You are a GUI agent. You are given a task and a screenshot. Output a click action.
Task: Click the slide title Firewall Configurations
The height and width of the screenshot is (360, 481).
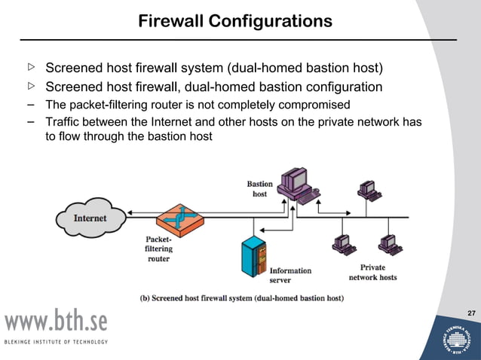(x=234, y=21)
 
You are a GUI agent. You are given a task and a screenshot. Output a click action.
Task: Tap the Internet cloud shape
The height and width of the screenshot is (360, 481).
(x=90, y=218)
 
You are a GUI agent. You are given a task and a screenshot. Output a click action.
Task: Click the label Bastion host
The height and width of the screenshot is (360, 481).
(x=259, y=189)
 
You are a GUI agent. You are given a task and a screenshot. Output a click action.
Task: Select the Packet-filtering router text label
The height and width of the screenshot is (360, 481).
(x=159, y=249)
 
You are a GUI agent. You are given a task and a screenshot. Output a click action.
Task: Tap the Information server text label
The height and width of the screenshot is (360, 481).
(x=290, y=275)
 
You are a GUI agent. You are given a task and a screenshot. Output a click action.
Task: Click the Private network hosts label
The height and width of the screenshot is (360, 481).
(x=372, y=272)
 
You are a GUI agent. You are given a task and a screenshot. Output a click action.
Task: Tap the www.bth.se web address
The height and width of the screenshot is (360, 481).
(x=57, y=322)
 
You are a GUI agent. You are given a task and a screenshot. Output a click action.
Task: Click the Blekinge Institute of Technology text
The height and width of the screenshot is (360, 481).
(x=56, y=342)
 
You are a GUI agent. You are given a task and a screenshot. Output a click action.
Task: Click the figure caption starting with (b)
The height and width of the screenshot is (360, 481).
(x=242, y=298)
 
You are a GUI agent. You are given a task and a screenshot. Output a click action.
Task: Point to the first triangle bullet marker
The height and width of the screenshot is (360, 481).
(x=32, y=68)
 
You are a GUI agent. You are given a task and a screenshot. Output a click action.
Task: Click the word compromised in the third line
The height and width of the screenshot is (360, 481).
(x=323, y=104)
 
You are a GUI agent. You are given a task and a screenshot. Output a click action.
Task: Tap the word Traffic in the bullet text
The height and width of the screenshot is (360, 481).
(x=65, y=122)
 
